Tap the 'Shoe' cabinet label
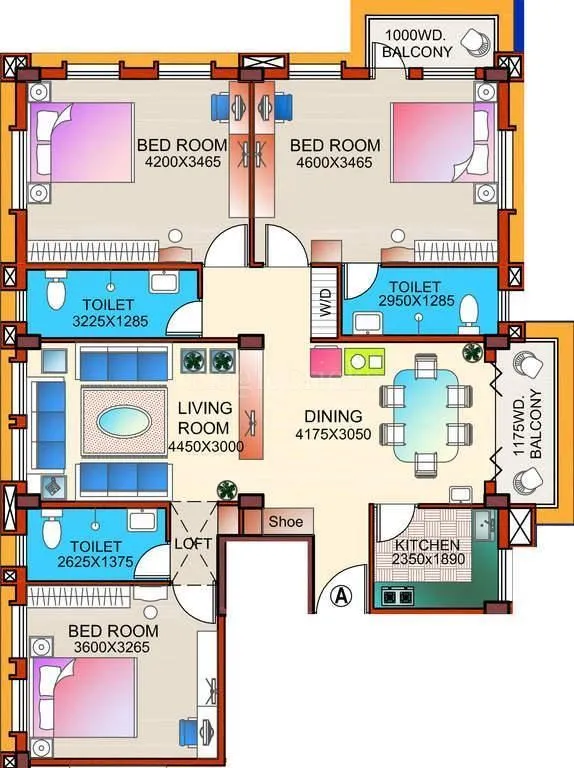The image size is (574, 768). click(x=285, y=521)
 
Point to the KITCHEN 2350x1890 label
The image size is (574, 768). click(x=427, y=552)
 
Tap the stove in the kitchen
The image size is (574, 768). click(x=396, y=597)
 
